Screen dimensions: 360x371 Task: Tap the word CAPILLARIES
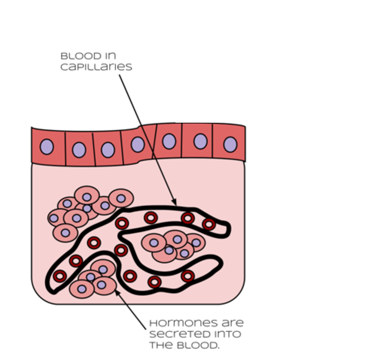pos(96,67)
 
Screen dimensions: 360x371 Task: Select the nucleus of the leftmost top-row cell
pos(47,147)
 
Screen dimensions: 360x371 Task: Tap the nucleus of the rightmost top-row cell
pos(230,144)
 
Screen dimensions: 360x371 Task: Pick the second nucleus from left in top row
pos(79,149)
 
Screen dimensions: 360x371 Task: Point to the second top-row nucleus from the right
pos(200,142)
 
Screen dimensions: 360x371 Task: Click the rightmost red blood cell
pos(209,224)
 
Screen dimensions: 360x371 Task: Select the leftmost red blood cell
pos(60,276)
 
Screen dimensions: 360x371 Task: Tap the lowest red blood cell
pos(154,282)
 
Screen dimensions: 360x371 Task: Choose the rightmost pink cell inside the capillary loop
pos(195,243)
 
